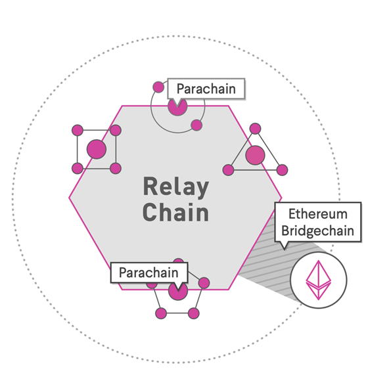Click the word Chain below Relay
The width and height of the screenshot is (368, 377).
coord(176,212)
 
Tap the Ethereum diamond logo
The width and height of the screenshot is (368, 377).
coord(319,280)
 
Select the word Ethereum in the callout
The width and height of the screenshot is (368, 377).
coord(318,214)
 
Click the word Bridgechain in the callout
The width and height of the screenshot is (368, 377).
coord(318,231)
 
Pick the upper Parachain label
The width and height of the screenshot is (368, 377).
coord(206,89)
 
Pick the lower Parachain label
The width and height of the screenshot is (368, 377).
coord(149,273)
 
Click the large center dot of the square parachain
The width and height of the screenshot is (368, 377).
coord(97,149)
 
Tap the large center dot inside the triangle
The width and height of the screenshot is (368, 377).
coord(255,155)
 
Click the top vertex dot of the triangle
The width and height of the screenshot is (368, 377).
coord(255,129)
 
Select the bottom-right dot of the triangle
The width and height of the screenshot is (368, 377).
coord(282,170)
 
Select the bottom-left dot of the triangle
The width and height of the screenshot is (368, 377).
coord(228,170)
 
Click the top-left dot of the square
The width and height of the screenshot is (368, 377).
coord(78,130)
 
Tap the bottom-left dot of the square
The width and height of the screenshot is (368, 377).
coord(78,168)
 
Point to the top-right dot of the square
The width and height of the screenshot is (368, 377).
coord(116,130)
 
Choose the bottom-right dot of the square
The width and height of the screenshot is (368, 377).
coord(116,168)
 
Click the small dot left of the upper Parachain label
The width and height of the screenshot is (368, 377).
coord(158,87)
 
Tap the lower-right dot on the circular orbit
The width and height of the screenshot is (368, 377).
coord(196,125)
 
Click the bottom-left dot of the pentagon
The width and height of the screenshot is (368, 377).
coord(161,313)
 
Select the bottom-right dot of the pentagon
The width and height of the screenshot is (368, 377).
coord(194,313)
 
